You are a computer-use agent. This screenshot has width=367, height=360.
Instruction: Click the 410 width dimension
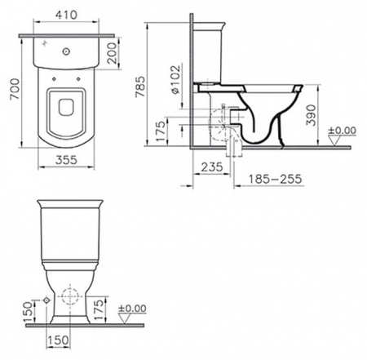point(66,15)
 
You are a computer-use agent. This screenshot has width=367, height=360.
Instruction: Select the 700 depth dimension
point(15,89)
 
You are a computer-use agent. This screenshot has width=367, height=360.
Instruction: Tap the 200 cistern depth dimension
point(113,53)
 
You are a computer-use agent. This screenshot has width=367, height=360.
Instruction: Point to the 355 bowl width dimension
point(66,160)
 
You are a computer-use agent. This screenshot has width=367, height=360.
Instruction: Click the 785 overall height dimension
point(140,87)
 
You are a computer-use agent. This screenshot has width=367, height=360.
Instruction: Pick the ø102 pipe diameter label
point(175,79)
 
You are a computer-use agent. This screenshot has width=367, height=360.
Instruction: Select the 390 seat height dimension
point(311,115)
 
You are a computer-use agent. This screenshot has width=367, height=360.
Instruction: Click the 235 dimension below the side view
point(212,167)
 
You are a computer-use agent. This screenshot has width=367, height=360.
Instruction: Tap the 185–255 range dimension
point(275,179)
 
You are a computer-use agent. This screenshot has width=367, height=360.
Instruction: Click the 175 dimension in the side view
point(161,131)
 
